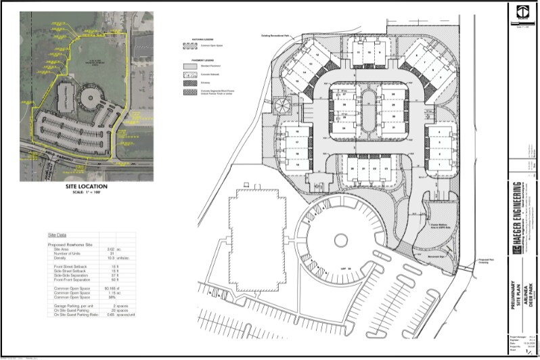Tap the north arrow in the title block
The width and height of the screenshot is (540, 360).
tap(522, 12)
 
